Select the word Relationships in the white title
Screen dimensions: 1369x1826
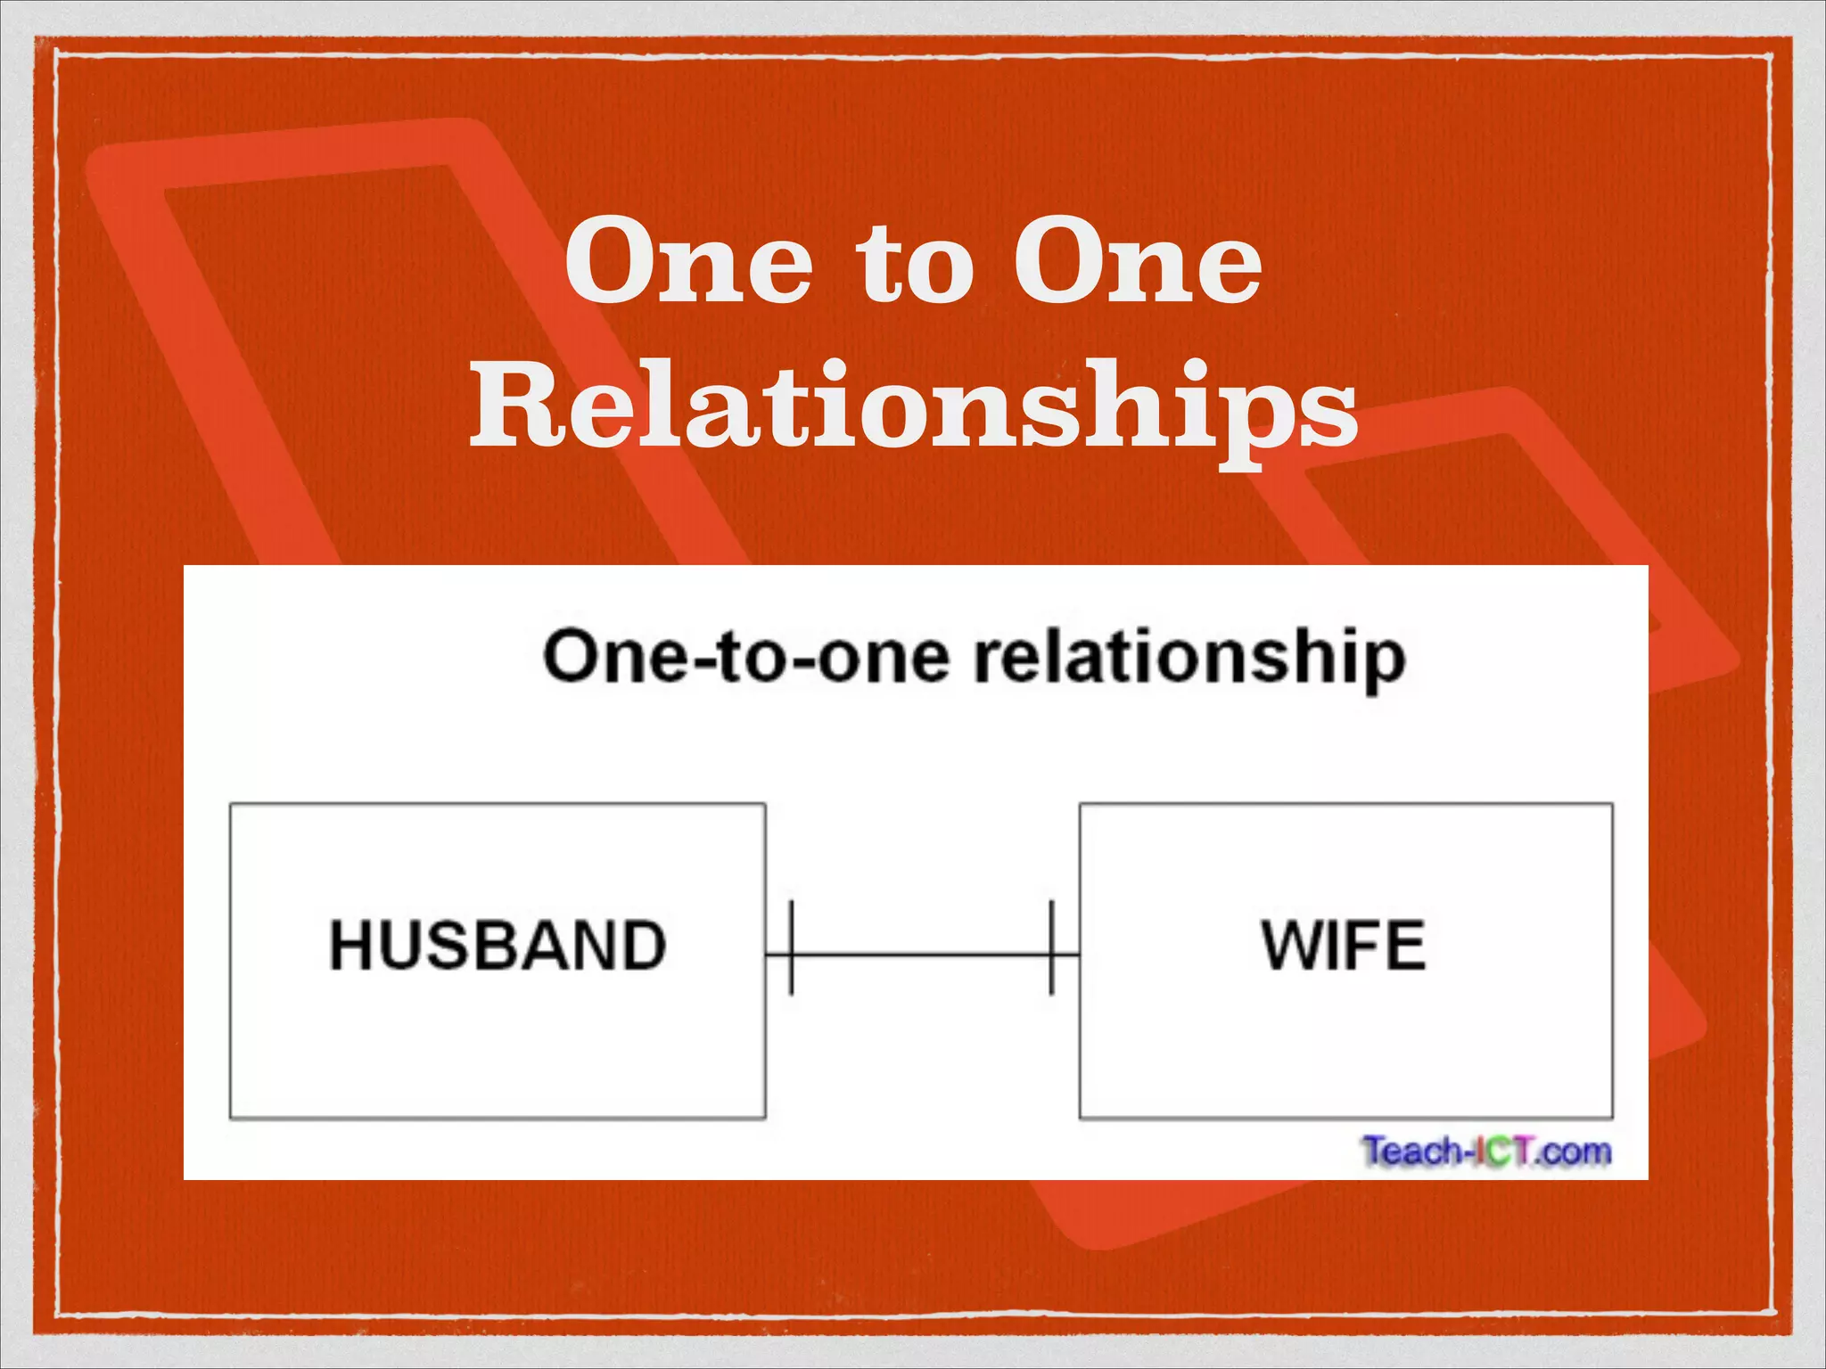(x=913, y=406)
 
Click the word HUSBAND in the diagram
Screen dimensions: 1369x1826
(x=498, y=945)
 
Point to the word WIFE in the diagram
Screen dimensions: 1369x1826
(x=1344, y=945)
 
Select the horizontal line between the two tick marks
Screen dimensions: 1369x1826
(x=921, y=955)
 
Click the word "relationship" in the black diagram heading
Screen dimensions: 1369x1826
(x=1189, y=660)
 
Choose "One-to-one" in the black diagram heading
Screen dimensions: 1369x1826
(x=745, y=658)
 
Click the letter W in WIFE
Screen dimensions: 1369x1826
(x=1292, y=945)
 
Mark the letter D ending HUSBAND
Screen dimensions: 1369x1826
(x=644, y=945)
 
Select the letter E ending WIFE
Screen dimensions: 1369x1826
(x=1408, y=945)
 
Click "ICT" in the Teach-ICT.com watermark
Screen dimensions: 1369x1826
(x=1506, y=1151)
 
